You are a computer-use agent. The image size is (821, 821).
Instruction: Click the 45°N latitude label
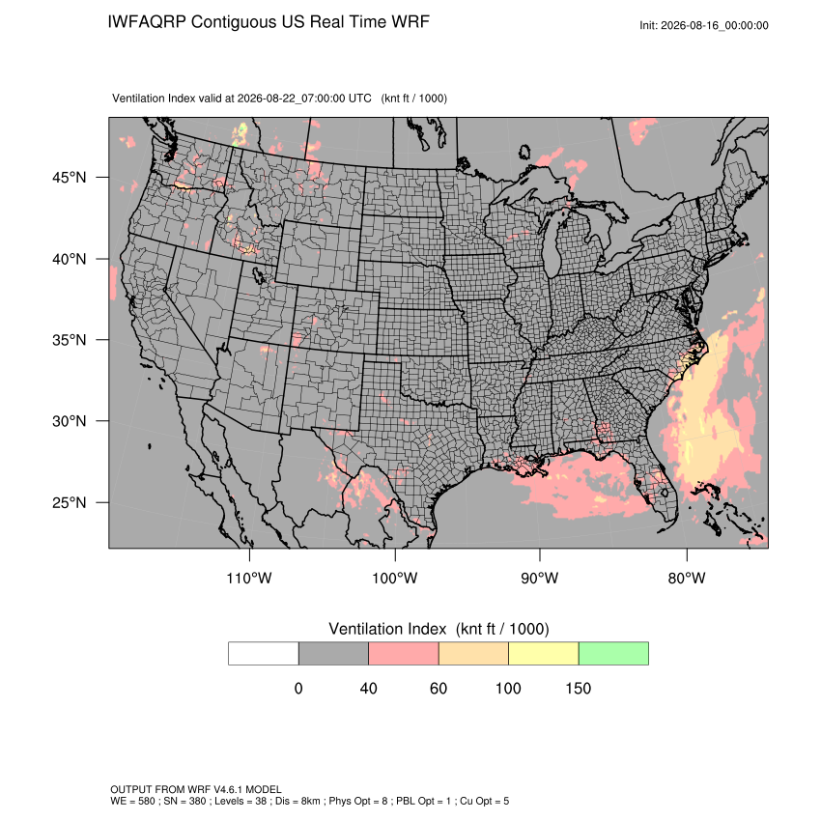pos(70,178)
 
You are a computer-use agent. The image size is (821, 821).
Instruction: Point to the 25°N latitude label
pos(70,502)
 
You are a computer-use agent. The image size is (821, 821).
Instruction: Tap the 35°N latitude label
pos(70,340)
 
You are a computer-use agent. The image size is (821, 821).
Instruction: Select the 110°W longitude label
pos(249,578)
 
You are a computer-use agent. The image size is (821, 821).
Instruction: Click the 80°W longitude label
pos(687,578)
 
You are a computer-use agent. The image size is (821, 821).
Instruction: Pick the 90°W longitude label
pos(539,578)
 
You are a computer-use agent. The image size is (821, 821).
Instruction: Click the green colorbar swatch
pos(613,654)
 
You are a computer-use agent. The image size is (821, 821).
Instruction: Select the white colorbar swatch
pos(264,654)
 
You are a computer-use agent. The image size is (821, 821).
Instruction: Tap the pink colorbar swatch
pos(404,654)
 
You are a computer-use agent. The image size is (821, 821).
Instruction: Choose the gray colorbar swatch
pos(333,654)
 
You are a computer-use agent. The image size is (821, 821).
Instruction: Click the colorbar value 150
pos(578,688)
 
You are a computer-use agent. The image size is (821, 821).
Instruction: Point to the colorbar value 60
pos(439,688)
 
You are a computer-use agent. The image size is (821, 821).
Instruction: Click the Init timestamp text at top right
pos(704,26)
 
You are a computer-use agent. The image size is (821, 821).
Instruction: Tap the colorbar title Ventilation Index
pos(387,629)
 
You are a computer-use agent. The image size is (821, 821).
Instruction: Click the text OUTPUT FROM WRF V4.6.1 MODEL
pos(196,789)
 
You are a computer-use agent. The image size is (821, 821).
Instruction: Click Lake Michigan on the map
pos(552,245)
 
